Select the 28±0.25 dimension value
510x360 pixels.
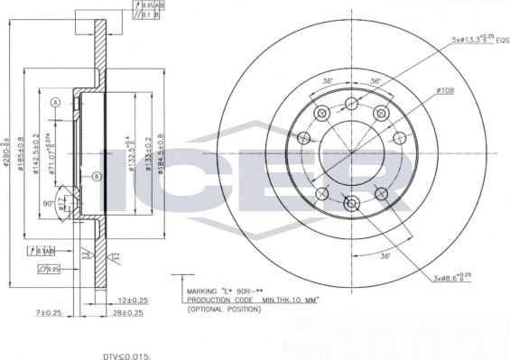pos(127,313)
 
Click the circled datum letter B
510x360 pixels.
pos(96,178)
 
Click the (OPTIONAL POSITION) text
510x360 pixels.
pos(223,309)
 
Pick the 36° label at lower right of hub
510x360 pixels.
pos(384,255)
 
